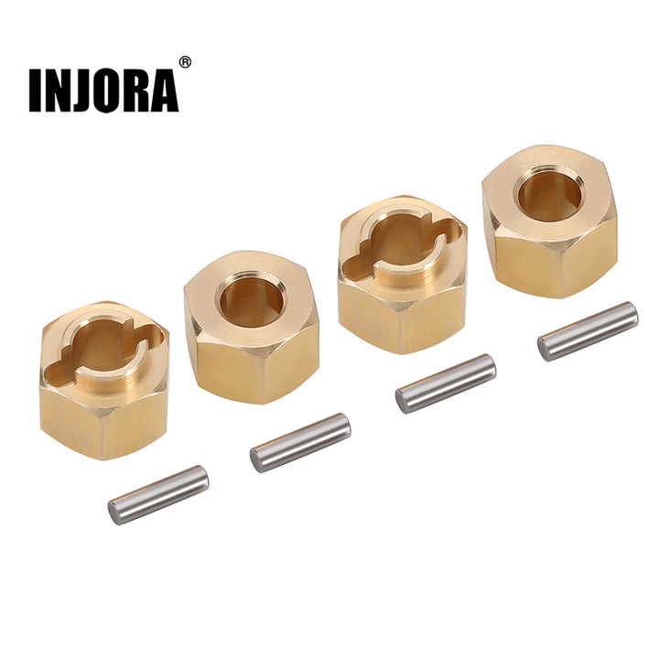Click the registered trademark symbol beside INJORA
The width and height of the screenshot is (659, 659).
185,62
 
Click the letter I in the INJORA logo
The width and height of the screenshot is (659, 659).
35,90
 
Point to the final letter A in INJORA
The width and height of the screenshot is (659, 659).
165,90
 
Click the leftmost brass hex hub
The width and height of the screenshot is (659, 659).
104,380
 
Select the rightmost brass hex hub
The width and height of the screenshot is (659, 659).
550,221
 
